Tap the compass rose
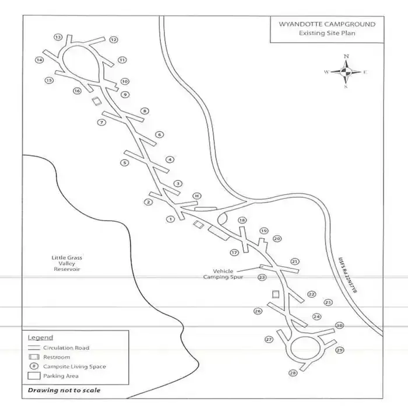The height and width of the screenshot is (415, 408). (x=346, y=72)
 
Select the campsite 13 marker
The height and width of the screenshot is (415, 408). (x=58, y=37)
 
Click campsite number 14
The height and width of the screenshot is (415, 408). (x=40, y=60)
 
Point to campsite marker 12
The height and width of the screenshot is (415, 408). (x=114, y=40)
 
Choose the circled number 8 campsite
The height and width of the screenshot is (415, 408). (x=145, y=111)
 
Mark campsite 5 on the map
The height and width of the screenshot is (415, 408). (x=124, y=162)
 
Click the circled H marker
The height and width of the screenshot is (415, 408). (x=197, y=196)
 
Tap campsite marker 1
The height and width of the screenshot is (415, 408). (x=170, y=219)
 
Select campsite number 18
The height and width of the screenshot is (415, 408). (x=242, y=220)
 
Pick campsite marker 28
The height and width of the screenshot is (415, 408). (x=292, y=373)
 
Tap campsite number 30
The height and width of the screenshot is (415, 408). (x=339, y=326)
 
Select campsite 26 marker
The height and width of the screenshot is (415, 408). (x=258, y=311)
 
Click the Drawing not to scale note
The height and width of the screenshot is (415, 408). (x=64, y=390)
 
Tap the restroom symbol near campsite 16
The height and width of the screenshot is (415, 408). (x=96, y=102)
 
